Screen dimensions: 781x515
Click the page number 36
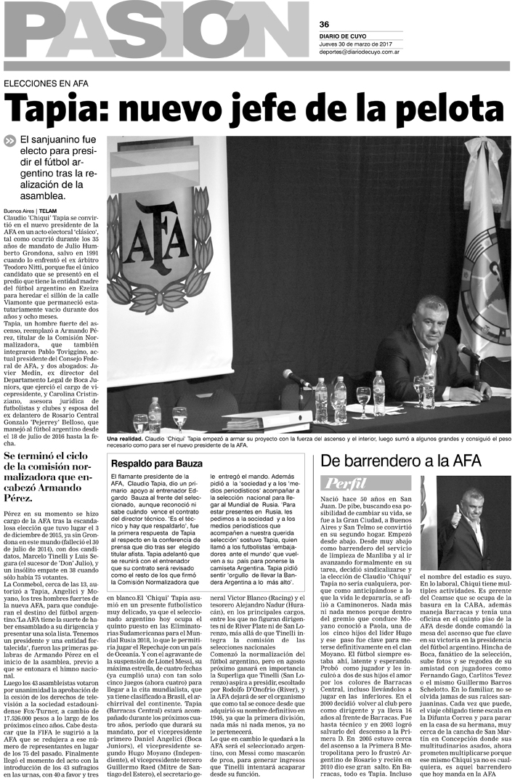[x=324, y=23]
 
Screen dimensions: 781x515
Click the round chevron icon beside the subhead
[x=9, y=140]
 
